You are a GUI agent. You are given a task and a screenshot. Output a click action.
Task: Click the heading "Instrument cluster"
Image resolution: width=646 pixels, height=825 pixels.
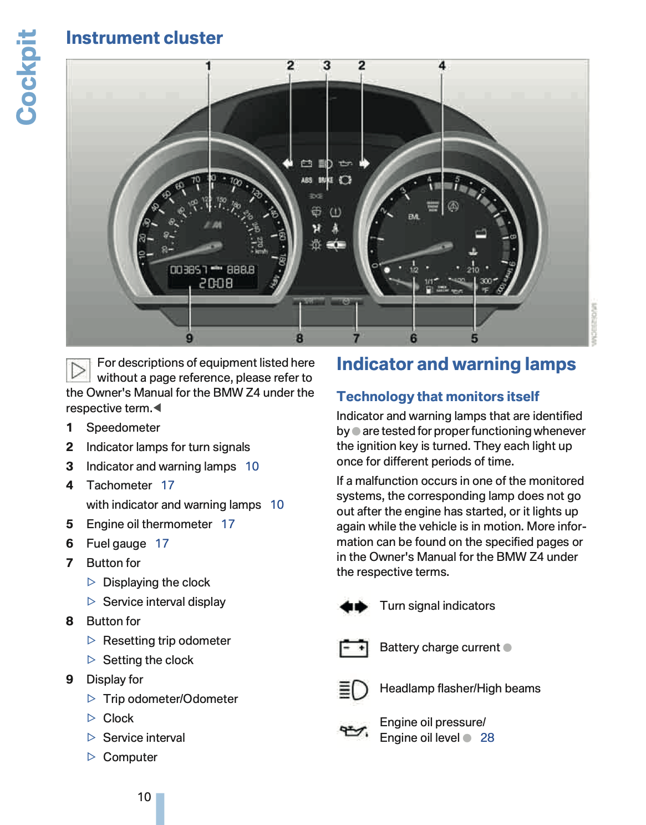coord(144,38)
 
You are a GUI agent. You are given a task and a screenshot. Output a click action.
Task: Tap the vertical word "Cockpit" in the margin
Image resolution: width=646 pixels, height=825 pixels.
coord(27,77)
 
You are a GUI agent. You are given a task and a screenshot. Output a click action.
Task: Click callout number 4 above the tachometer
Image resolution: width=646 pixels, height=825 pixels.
coord(442,65)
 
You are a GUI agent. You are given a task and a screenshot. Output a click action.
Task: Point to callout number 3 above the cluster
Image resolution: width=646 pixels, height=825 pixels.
coord(327,65)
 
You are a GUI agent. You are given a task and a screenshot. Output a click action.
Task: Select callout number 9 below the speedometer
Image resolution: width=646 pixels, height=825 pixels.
coord(190,338)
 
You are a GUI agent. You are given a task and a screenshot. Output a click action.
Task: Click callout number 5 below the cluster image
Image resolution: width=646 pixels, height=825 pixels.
coord(474,338)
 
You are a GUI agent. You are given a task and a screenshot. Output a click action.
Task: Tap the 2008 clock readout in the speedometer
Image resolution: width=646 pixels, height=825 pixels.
coord(216,284)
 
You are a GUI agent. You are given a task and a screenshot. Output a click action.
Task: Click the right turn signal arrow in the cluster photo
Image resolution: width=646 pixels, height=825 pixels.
coord(364,163)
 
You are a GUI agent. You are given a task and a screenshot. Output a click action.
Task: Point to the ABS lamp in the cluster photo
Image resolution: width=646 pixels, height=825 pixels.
coord(307,180)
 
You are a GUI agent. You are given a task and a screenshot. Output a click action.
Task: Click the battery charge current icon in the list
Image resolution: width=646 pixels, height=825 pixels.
coord(353,647)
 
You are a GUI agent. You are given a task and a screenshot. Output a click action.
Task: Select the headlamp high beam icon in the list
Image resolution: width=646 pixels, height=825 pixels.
coord(353,690)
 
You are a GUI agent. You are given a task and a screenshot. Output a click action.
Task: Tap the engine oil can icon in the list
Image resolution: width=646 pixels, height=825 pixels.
coord(353,731)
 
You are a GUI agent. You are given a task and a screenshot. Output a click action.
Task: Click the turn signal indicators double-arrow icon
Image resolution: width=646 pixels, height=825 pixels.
coord(353,606)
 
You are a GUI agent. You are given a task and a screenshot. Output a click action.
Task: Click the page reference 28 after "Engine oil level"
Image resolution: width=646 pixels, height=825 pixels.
coord(487,738)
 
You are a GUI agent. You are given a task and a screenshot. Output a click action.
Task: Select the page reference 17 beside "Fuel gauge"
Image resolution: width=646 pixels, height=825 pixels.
coord(162,544)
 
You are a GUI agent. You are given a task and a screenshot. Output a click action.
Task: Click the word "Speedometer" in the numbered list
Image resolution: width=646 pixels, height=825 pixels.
coord(123,428)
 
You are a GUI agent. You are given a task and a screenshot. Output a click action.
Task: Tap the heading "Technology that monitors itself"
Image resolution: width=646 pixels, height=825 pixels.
coord(438,397)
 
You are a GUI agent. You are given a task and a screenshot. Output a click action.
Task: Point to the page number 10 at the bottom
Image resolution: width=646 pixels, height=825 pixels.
coord(144,797)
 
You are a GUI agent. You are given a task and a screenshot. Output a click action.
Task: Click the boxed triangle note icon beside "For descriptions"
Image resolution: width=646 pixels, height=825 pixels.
coord(78,370)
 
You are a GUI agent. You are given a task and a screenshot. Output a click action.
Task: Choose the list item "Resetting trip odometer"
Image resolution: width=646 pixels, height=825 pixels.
coord(166,641)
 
